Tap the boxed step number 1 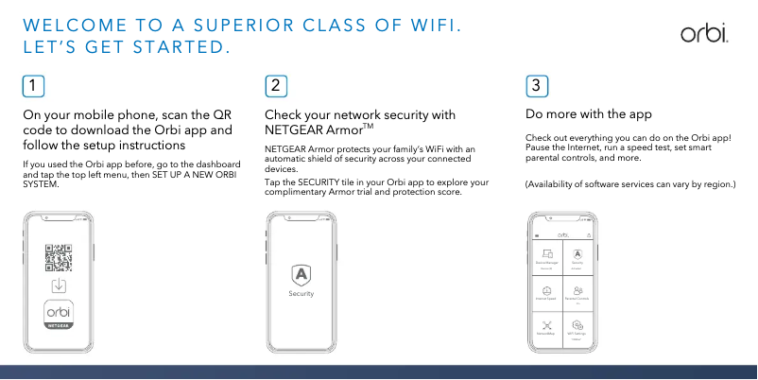(x=33, y=85)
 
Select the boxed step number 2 (x=275, y=85)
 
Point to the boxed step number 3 (x=536, y=85)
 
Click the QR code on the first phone (x=59, y=257)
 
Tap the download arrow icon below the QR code (x=59, y=285)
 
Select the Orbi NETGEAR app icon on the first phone (x=59, y=314)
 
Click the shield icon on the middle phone (x=301, y=274)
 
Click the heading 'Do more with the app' (x=588, y=114)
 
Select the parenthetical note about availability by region (x=629, y=183)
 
